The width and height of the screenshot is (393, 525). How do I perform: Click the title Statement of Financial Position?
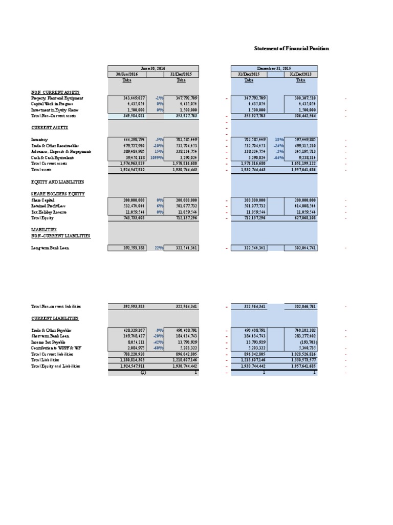pos(292,48)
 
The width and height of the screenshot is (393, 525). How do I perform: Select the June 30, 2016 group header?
pos(153,68)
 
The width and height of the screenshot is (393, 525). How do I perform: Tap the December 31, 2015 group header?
pos(274,68)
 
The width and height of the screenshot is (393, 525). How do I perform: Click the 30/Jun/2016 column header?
pos(126,74)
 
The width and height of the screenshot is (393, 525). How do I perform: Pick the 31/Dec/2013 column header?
pos(300,74)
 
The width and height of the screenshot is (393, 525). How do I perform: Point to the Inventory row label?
pos(39,139)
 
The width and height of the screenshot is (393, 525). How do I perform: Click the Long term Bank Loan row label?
pos(50,248)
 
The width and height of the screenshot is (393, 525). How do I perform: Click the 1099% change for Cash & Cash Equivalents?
pos(156,158)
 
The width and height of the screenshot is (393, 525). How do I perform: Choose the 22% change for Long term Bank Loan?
pos(158,248)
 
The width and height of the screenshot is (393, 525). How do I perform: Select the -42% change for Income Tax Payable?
pos(158,342)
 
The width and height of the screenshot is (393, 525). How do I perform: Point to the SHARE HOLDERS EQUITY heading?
pos(58,194)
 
